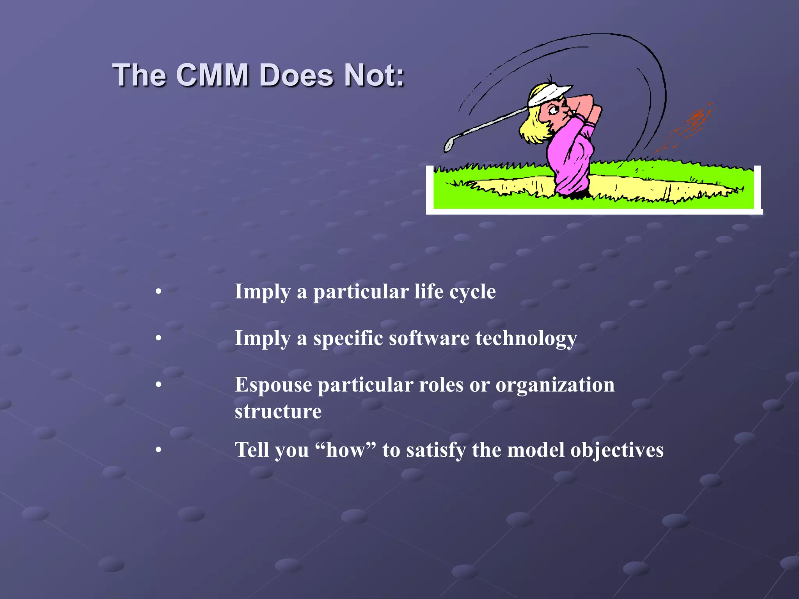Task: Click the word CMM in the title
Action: (212, 75)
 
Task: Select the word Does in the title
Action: (297, 75)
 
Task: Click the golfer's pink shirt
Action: (570, 152)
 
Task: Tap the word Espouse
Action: (273, 385)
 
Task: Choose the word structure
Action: (278, 411)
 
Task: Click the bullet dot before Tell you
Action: (158, 450)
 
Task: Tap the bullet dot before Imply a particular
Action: (158, 292)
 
